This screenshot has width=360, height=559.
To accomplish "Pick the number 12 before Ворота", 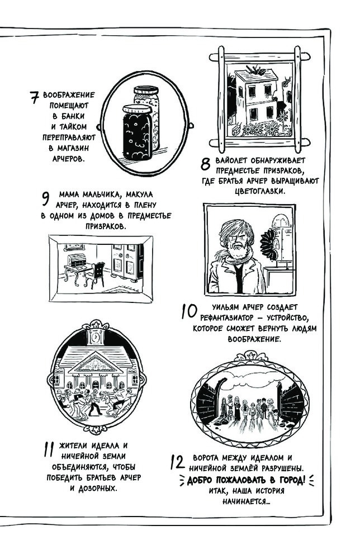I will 176,462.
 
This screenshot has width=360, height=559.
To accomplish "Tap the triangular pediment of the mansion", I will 94,365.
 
